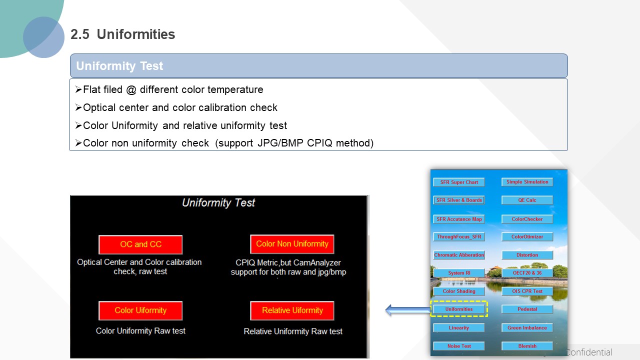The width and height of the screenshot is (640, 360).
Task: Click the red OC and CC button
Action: pos(140,244)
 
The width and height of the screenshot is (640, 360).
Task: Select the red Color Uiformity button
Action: pos(140,310)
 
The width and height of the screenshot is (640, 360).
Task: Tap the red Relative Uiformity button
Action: pos(292,310)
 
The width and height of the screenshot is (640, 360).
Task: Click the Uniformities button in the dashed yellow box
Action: pos(459,309)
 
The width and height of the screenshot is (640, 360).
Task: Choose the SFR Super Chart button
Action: pos(459,182)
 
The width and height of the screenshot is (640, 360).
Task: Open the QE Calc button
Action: pos(527,200)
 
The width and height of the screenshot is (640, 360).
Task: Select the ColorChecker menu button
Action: pos(527,219)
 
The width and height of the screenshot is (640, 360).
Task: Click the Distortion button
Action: pos(527,255)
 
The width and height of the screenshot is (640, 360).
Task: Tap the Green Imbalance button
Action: pos(527,327)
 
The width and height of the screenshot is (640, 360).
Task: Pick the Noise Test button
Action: pos(459,346)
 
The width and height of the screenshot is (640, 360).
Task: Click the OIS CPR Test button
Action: pos(527,291)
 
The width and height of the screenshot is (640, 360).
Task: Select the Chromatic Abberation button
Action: pos(459,255)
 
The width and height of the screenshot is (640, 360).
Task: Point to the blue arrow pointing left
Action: pos(407,310)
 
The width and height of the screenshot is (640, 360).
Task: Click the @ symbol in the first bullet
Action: pos(131,90)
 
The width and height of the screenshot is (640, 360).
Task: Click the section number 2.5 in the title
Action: pos(80,34)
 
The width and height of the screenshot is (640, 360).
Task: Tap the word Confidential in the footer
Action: pos(589,352)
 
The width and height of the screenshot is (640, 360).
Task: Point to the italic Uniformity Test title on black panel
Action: pos(218,203)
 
